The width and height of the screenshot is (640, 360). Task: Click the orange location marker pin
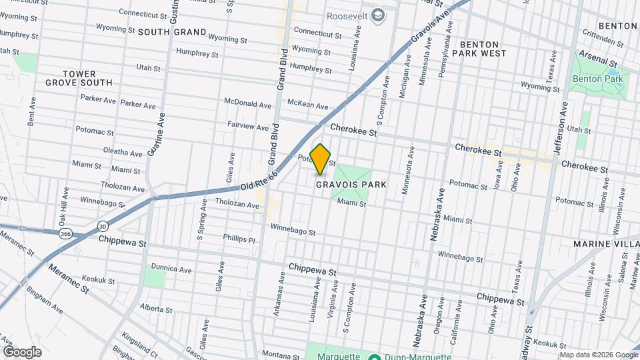321,159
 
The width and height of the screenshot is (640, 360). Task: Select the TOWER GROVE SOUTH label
79,78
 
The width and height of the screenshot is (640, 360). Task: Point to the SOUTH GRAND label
173,31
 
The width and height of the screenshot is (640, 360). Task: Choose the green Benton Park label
597,79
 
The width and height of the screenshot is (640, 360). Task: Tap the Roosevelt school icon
378,15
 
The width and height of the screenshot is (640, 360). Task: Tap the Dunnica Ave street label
171,270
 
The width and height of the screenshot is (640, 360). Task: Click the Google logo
22,351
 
